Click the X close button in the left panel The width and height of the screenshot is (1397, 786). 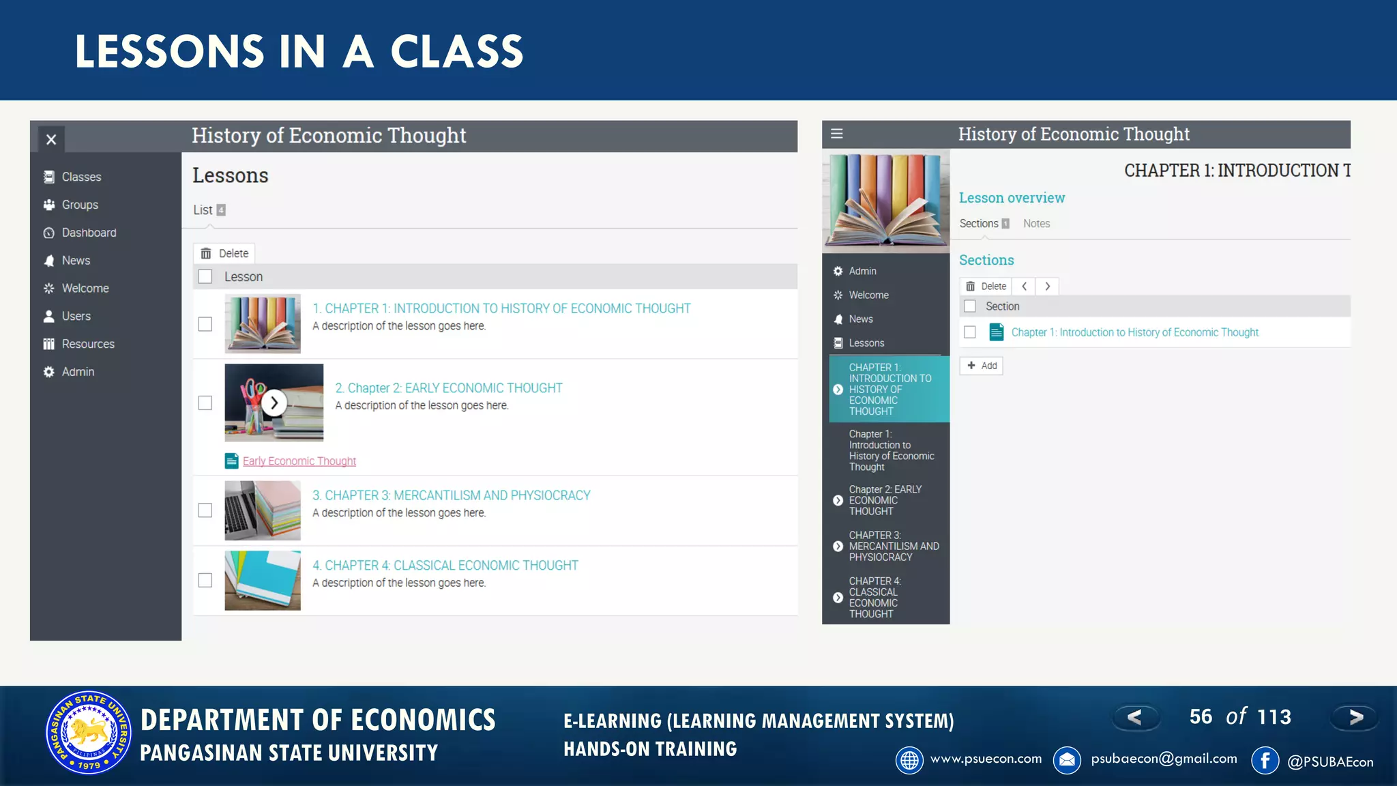click(x=51, y=140)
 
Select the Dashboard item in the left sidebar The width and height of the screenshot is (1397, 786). click(x=89, y=233)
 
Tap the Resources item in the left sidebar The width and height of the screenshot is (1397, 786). click(x=88, y=344)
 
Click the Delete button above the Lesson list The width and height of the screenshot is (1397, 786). click(x=224, y=253)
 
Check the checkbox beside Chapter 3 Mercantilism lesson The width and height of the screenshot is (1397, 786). click(x=205, y=510)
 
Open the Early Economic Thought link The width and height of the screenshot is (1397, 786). click(x=299, y=461)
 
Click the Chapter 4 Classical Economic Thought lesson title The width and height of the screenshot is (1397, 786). click(x=445, y=566)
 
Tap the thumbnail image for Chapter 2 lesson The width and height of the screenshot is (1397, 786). click(x=274, y=403)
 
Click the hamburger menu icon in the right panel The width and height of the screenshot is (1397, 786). click(x=837, y=134)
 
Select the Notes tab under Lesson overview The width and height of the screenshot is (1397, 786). click(x=1036, y=224)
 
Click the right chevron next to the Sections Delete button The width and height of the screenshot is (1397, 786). click(x=1048, y=287)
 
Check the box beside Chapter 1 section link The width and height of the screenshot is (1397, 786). click(x=970, y=332)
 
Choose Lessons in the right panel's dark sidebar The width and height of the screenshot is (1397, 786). click(x=866, y=343)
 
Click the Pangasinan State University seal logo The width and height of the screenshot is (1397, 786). click(x=88, y=732)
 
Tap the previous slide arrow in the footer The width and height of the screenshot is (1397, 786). click(x=1135, y=717)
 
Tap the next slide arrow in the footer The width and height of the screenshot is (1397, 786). click(x=1355, y=717)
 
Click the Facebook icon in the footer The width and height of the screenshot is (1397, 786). click(x=1265, y=760)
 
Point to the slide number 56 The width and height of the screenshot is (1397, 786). click(x=1201, y=716)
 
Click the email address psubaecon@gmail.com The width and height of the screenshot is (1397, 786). click(x=1164, y=759)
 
